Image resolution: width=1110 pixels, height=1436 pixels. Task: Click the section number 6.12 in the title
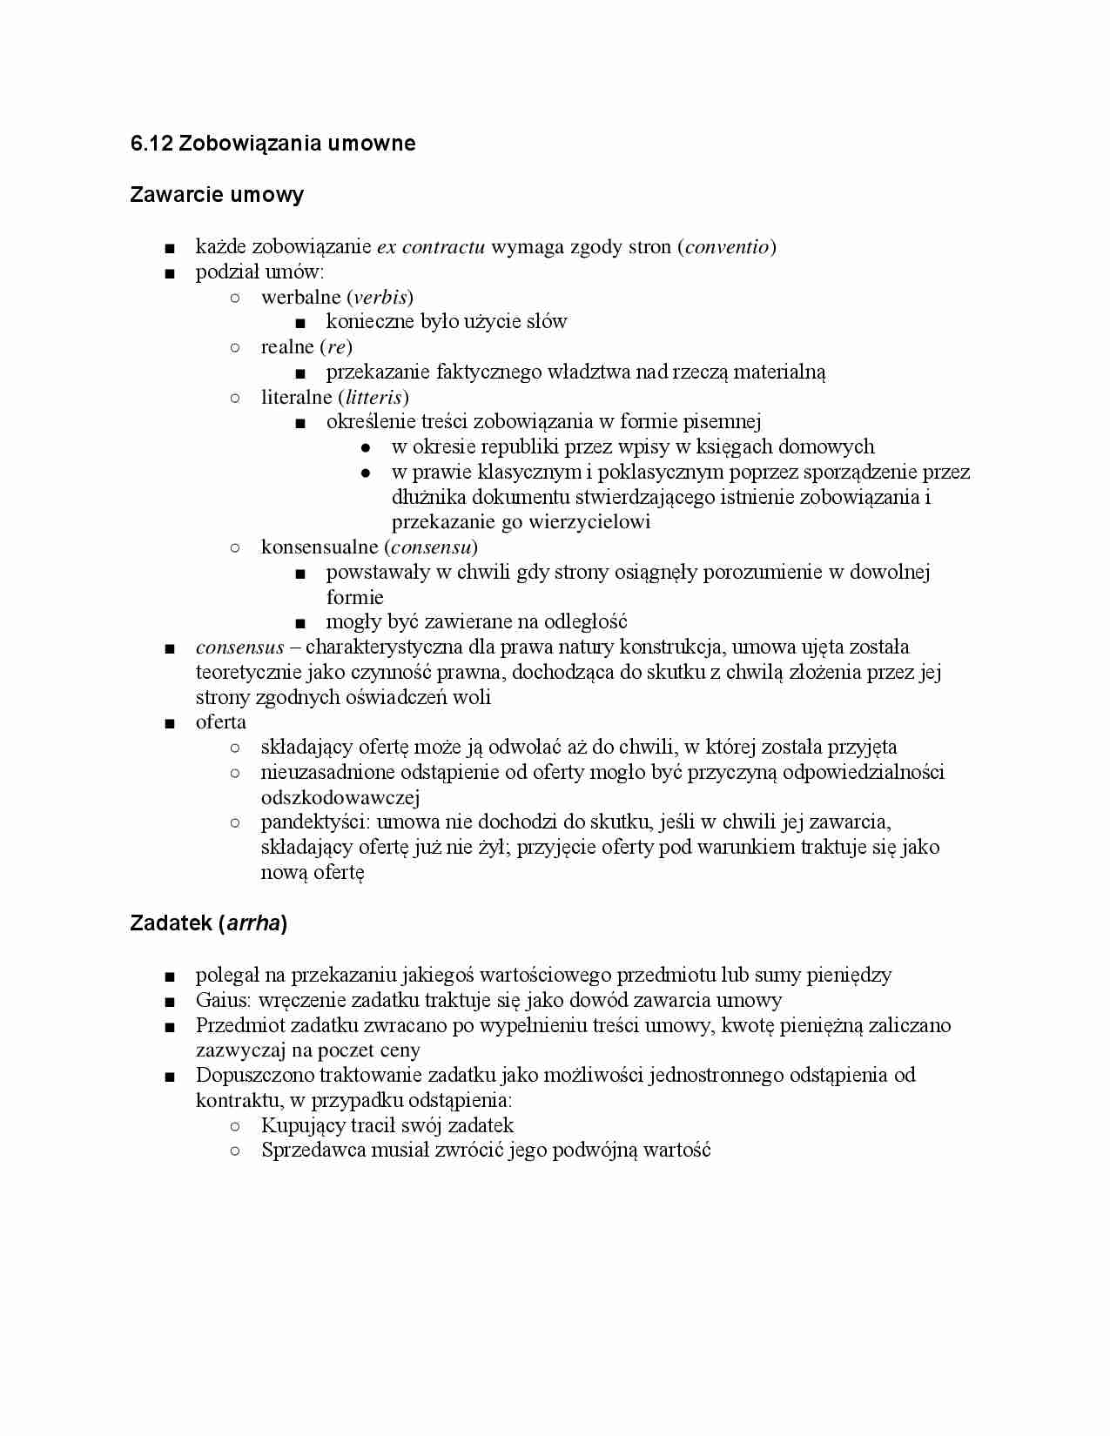pos(151,144)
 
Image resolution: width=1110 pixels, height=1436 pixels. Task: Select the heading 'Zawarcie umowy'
pos(217,194)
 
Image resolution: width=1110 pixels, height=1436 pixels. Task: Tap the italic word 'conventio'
pos(727,247)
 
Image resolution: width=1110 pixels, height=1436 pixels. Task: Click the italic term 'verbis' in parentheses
pos(380,297)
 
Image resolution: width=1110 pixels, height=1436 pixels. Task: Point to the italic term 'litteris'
pos(374,398)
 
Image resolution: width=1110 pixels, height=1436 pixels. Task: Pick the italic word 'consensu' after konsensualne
pos(430,547)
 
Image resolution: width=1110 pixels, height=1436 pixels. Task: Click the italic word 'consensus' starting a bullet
pos(239,648)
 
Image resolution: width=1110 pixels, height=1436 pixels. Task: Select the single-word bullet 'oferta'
pos(221,722)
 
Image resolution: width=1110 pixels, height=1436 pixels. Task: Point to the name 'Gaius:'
pos(224,1001)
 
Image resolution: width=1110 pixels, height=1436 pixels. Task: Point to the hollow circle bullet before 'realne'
pos(234,347)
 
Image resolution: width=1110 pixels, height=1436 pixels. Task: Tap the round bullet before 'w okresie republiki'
pos(366,447)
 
